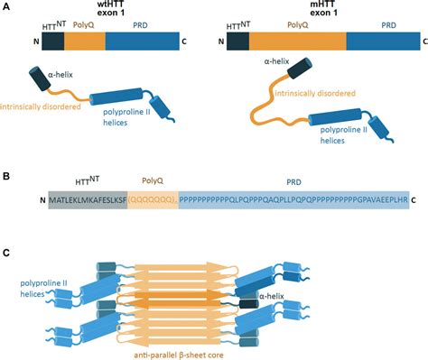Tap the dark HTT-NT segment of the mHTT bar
coord(237,42)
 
